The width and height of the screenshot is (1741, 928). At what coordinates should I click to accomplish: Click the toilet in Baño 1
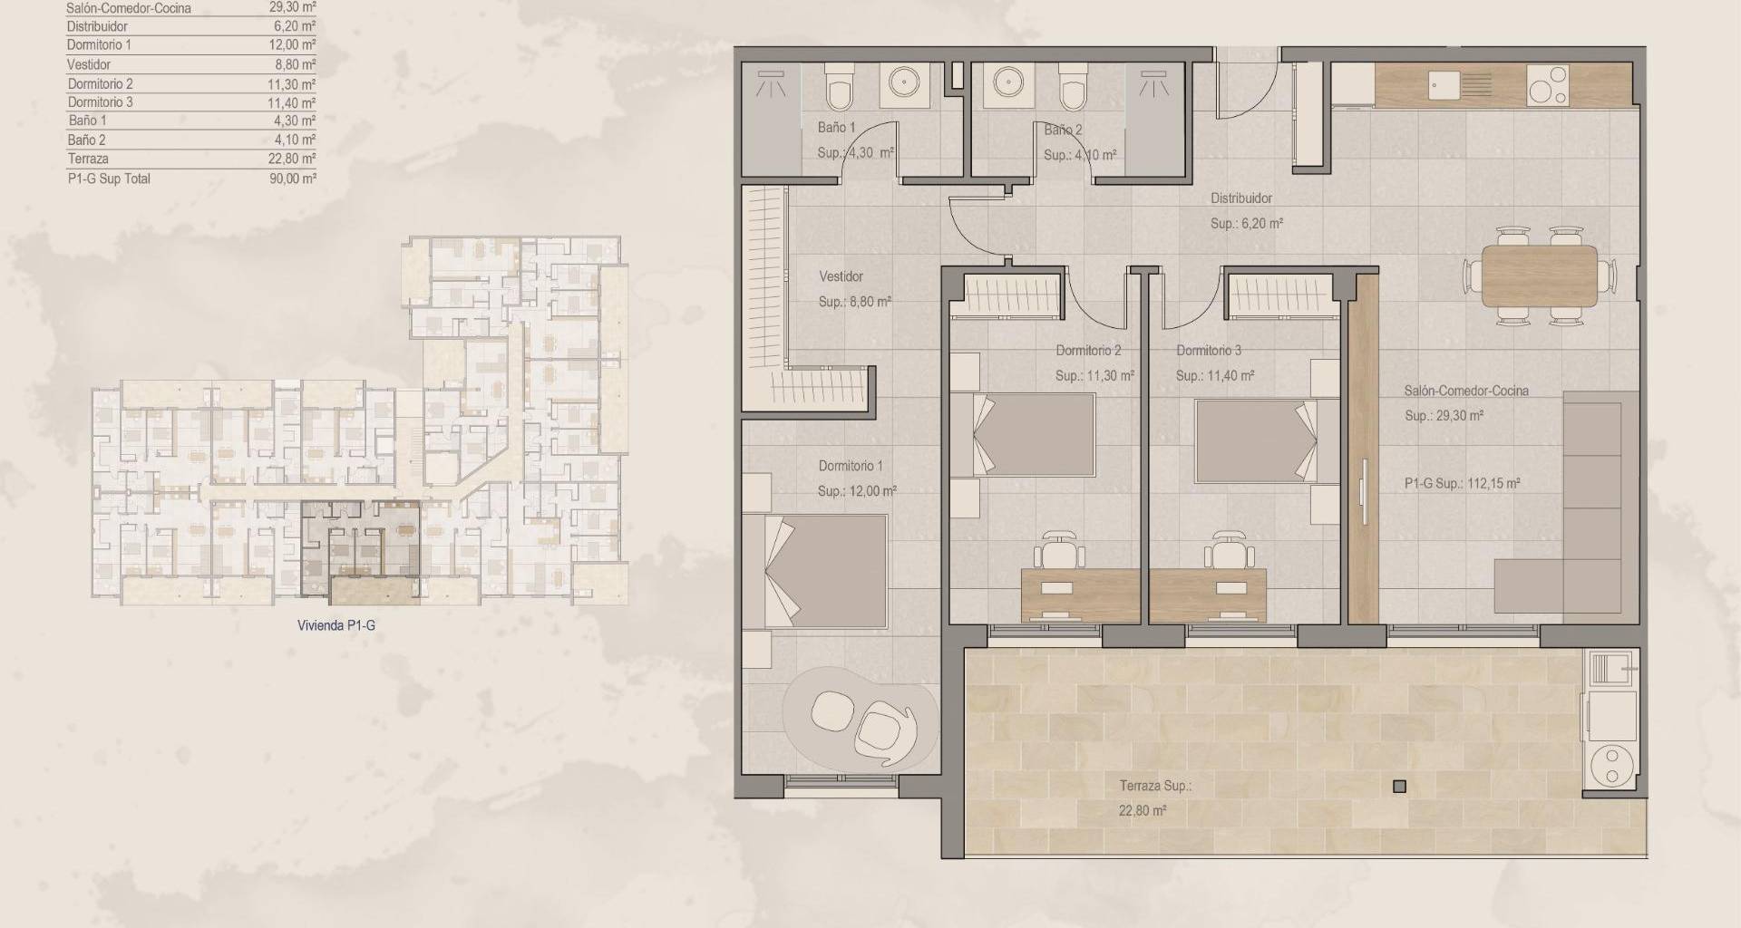pos(840,88)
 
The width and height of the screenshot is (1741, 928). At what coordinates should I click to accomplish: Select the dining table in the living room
pos(1540,275)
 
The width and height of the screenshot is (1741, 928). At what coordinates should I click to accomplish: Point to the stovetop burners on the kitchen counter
pos(1547,84)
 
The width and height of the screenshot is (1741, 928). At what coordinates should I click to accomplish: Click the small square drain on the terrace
pos(1399,787)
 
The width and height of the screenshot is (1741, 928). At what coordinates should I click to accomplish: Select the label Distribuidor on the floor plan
pos(1241,198)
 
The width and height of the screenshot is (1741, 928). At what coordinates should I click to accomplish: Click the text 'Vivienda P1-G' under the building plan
pos(336,625)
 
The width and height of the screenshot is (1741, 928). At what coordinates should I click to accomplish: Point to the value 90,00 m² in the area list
pos(295,179)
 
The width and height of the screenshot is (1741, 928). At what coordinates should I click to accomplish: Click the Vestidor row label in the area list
pos(89,64)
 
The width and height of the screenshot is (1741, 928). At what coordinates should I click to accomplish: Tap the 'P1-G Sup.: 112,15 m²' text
pos(1462,484)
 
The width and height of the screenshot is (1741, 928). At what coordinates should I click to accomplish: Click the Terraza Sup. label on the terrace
pos(1155,787)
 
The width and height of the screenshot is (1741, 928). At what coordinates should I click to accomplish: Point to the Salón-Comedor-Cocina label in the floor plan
pos(1466,391)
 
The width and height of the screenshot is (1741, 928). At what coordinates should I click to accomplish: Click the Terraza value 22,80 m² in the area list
pos(295,159)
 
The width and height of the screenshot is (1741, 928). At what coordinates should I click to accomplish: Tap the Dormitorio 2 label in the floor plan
pos(1088,351)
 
